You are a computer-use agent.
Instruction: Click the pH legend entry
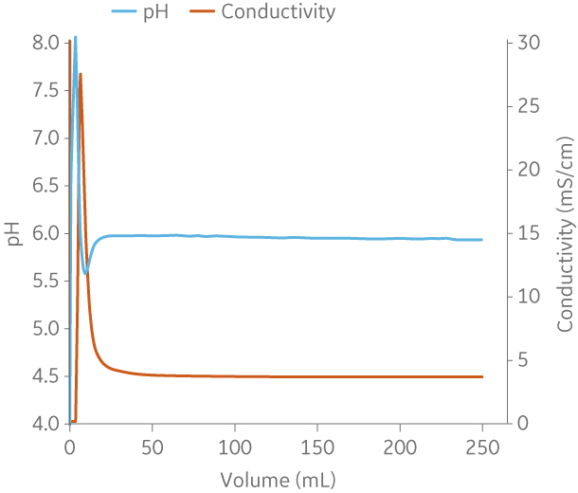coord(139,12)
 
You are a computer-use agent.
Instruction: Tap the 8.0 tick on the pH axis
coord(45,43)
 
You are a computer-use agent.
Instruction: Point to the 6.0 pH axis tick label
coord(45,233)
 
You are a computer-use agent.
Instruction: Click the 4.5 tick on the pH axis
coord(45,376)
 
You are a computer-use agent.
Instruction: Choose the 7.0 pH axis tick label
coord(45,138)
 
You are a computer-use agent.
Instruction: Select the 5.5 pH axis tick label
coord(45,281)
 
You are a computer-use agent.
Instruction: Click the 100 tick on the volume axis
coord(234,446)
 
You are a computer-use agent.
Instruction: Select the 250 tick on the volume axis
coord(482,446)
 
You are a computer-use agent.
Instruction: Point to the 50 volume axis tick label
coord(152,446)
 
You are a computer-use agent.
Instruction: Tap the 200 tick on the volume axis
coord(400,446)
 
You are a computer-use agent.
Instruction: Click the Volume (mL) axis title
coord(276,478)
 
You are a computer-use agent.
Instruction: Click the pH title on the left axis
coord(14,234)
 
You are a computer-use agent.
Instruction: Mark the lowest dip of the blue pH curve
coord(86,273)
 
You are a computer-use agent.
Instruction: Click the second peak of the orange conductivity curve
coord(81,74)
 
